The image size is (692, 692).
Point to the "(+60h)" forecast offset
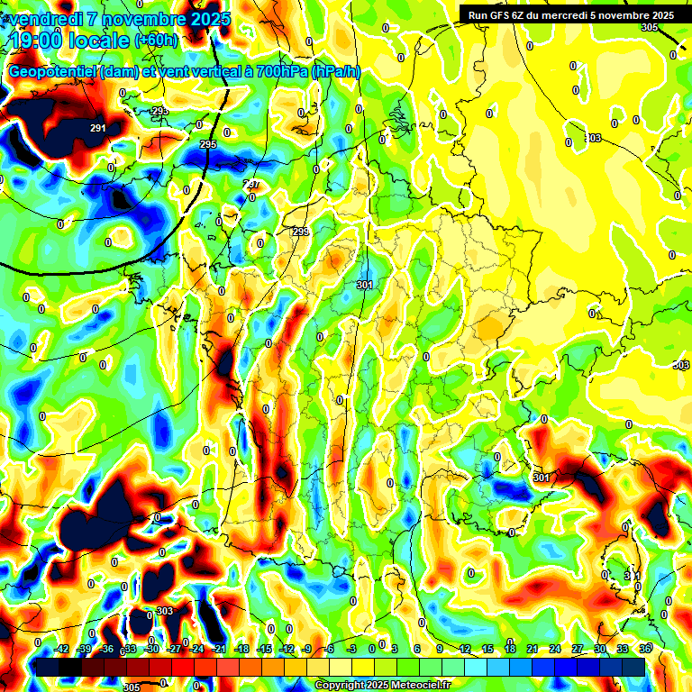157,40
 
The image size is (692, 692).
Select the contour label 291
98,128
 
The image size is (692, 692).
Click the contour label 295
208,144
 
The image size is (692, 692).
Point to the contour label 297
251,184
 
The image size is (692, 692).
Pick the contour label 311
633,575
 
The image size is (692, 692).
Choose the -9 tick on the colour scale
305,649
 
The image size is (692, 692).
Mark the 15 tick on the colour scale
487,649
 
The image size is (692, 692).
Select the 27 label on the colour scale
577,649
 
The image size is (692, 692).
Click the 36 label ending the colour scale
645,649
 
